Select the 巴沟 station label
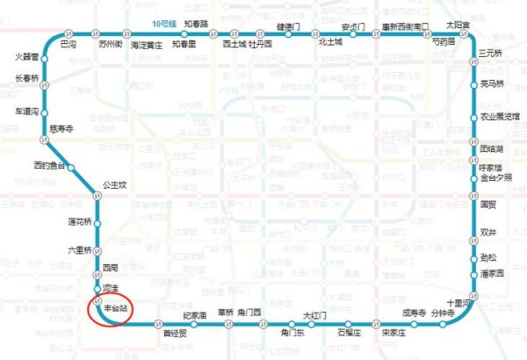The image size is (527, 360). [68, 42]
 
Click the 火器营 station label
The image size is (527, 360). [27, 57]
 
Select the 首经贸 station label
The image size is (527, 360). [175, 333]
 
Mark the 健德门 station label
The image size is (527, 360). [290, 26]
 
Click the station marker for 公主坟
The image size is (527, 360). [98, 196]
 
